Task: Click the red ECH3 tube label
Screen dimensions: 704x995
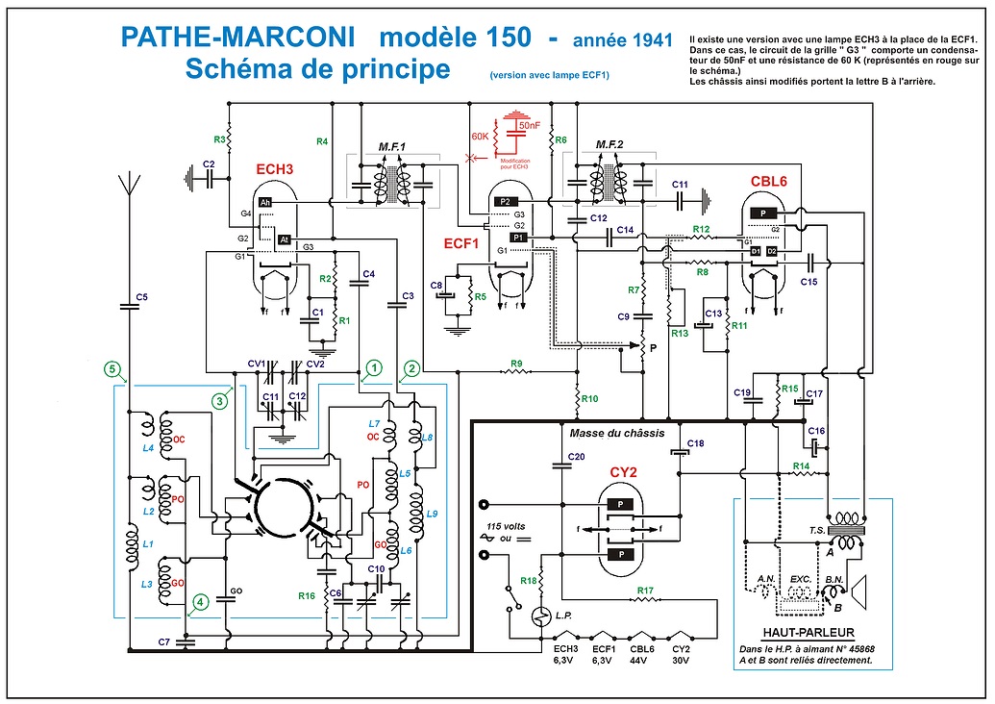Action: pyautogui.click(x=275, y=169)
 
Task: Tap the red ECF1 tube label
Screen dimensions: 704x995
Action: pyautogui.click(x=460, y=244)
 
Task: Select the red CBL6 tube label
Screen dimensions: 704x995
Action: pyautogui.click(x=769, y=181)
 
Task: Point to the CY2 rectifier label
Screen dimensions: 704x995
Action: pyautogui.click(x=624, y=472)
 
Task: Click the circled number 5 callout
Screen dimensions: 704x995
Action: pyautogui.click(x=113, y=369)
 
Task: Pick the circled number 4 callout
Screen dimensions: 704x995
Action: pyautogui.click(x=198, y=604)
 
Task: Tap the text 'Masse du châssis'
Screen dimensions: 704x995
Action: pyautogui.click(x=617, y=433)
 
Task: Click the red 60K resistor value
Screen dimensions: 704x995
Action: pyautogui.click(x=480, y=136)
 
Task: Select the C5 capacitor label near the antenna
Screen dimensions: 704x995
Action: pyautogui.click(x=140, y=296)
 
